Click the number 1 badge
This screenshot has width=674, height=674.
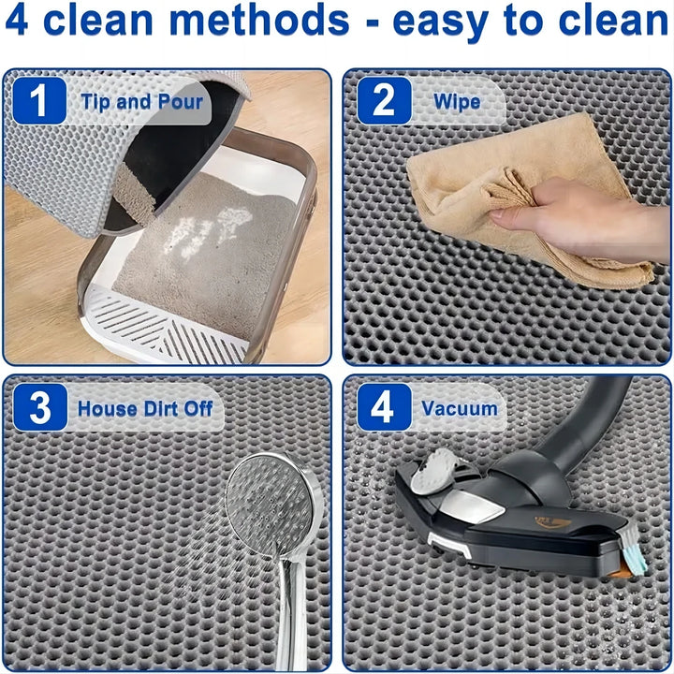[x=39, y=101]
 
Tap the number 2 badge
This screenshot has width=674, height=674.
[x=384, y=101]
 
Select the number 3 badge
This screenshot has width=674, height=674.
[x=39, y=408]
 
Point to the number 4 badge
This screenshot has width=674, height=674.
[x=384, y=408]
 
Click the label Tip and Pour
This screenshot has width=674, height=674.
[x=141, y=101]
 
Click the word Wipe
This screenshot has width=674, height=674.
[x=457, y=101]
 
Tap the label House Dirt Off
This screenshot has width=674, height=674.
[x=145, y=408]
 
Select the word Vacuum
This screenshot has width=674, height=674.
[x=459, y=408]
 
